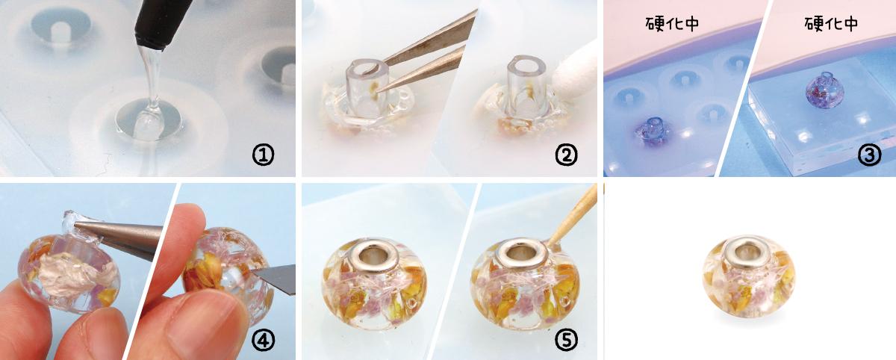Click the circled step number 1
pos(263,155)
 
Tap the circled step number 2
pos(566,155)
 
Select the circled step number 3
pos(869,155)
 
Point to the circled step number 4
pos(263,340)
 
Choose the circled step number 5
pos(566,340)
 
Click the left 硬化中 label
pos(672,24)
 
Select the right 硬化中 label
pos(831,24)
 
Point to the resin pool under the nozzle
pos(148,120)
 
